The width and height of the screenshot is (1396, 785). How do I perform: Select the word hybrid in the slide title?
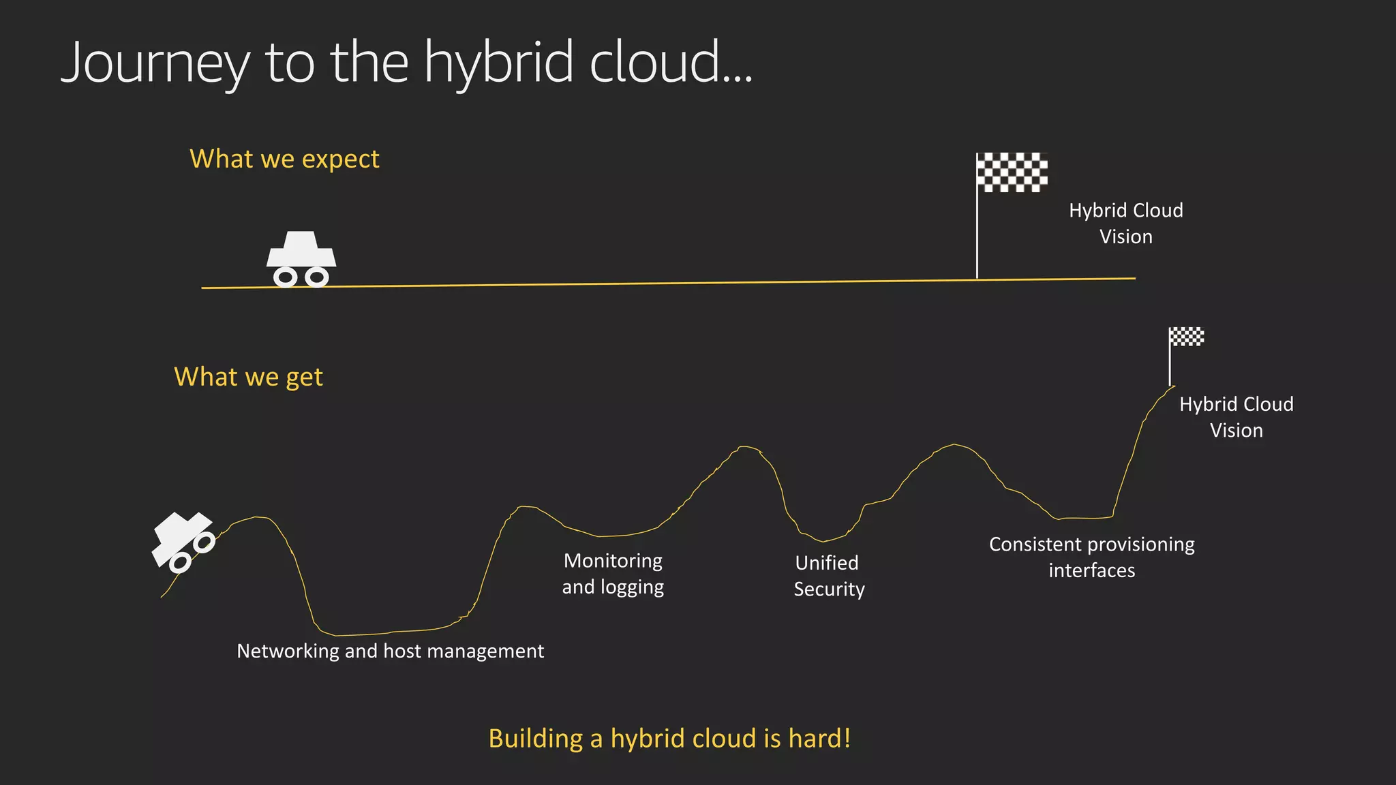coord(498,63)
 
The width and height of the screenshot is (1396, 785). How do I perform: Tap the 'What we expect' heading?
coord(284,159)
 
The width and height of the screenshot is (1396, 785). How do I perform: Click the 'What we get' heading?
coord(248,377)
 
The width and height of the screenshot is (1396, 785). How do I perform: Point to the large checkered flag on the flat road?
coord(1012,172)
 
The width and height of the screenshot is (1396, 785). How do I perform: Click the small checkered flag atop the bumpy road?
coord(1186,337)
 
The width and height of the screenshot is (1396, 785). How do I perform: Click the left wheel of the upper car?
coord(285,277)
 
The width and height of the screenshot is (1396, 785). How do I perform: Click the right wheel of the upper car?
coord(316,277)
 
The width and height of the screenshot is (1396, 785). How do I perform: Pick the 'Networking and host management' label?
coord(390,651)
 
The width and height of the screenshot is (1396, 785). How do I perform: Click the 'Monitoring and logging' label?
coord(613,574)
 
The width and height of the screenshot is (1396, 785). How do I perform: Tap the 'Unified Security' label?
coord(828,576)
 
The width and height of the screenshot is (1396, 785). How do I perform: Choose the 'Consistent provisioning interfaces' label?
coord(1091,557)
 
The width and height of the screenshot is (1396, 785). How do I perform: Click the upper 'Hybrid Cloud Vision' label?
coord(1125,224)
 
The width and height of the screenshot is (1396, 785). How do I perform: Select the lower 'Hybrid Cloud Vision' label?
coord(1236,417)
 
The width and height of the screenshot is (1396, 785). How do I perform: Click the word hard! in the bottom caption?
coord(819,739)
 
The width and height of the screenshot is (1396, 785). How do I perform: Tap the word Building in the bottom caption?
coord(536,739)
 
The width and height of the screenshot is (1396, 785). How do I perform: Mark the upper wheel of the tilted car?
coord(204,543)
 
